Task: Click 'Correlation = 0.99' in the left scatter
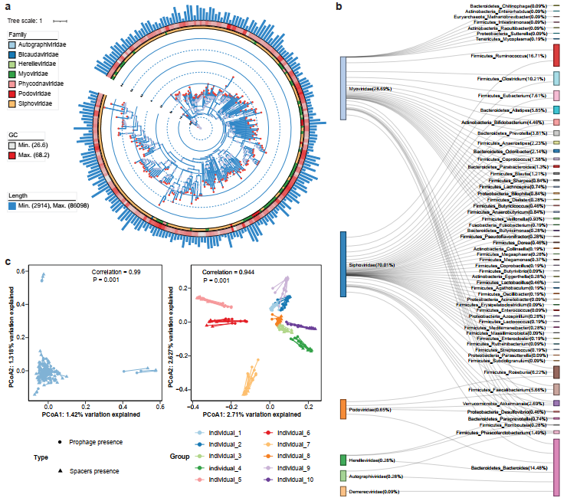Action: coord(117,272)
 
